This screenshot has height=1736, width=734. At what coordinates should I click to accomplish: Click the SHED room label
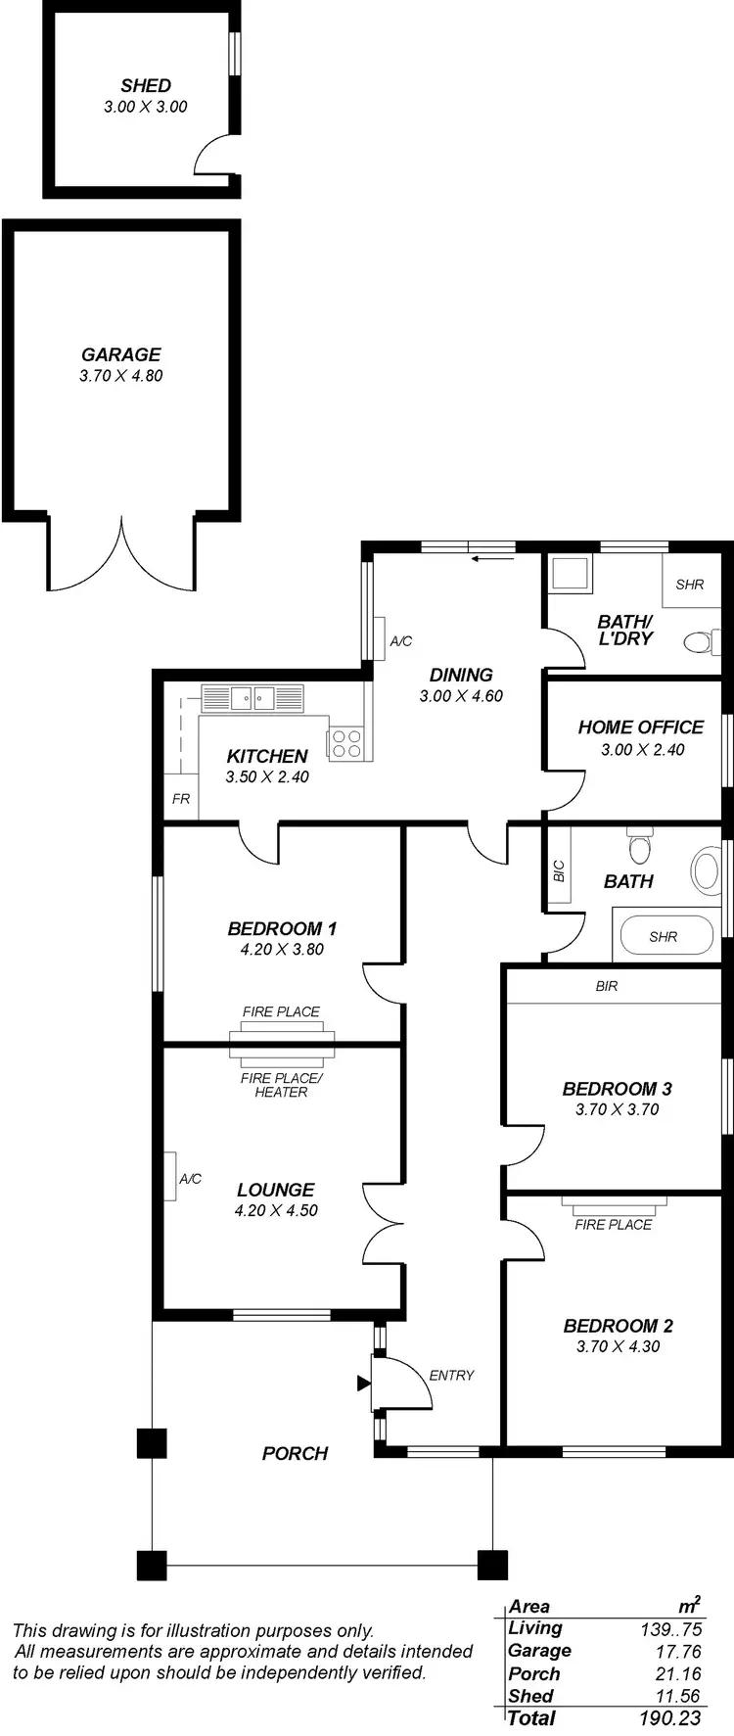[146, 86]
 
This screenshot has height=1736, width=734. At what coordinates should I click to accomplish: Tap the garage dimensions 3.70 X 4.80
[121, 376]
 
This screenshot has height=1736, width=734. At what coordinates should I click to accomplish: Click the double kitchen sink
[253, 698]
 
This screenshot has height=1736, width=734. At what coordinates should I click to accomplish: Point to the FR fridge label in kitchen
[181, 799]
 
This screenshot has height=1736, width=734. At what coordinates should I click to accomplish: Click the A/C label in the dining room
[401, 641]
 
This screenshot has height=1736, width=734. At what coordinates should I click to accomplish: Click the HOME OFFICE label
[641, 727]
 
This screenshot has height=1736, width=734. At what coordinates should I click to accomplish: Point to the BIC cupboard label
[559, 869]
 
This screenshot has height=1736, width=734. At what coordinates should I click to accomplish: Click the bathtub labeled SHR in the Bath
[664, 937]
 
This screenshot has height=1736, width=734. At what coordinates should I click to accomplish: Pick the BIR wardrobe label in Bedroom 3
[607, 986]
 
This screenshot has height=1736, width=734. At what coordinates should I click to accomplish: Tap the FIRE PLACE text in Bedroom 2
[614, 1224]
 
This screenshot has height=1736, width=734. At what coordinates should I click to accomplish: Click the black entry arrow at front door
[363, 1384]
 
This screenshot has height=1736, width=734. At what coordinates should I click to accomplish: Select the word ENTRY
[451, 1376]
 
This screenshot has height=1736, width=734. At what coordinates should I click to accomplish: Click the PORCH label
[295, 1454]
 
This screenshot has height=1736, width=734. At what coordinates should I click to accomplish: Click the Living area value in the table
[670, 1629]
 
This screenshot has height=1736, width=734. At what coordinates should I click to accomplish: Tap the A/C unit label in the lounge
[190, 1179]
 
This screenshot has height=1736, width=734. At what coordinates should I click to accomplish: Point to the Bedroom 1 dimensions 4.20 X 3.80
[282, 950]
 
